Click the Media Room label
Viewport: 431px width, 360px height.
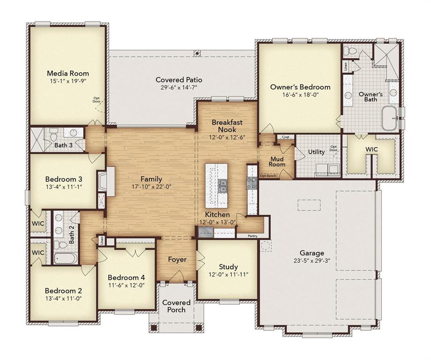click(68, 73)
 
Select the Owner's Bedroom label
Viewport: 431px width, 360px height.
click(300, 87)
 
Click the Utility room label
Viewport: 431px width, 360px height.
click(316, 152)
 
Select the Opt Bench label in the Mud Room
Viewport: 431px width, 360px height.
click(268, 176)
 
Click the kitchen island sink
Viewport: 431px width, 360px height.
click(222, 186)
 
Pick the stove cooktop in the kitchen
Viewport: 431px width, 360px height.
click(252, 182)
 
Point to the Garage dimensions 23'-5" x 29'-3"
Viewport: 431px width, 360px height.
click(312, 261)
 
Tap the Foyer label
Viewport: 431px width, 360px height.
click(177, 259)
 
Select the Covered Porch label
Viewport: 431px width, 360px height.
click(176, 306)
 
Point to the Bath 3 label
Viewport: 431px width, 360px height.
click(63, 145)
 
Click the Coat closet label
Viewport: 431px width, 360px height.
click(285, 137)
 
